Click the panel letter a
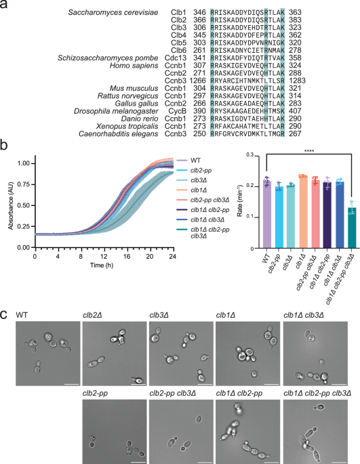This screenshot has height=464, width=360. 5,6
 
